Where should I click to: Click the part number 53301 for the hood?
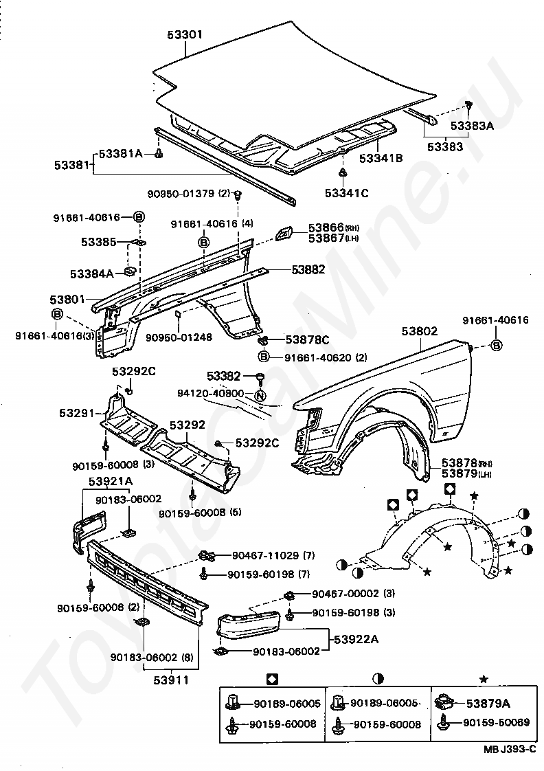[185, 35]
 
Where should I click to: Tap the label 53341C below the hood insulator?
[346, 193]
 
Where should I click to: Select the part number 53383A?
[473, 126]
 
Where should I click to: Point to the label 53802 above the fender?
[419, 331]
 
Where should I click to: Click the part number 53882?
[308, 269]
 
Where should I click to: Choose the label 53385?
[99, 242]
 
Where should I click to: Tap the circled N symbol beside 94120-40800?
[260, 394]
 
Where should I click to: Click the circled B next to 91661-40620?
[263, 357]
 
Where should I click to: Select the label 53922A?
[356, 639]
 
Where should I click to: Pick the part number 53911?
[171, 680]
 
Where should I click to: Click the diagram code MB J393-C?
[509, 750]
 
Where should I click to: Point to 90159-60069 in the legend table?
[497, 722]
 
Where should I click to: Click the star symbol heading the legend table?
[484, 680]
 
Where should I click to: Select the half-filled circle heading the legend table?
[378, 680]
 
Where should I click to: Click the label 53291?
[77, 413]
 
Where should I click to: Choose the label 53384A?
[92, 274]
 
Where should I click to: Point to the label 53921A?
[111, 481]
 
